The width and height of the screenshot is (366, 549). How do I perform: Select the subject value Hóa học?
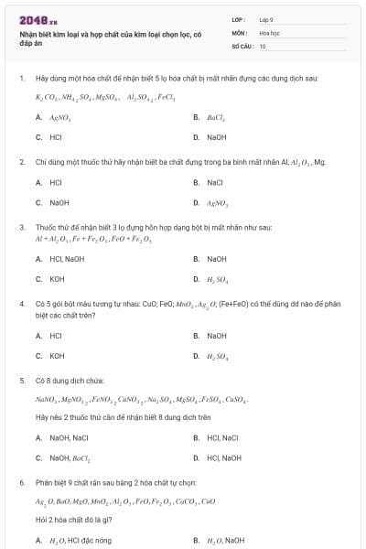tap(269, 32)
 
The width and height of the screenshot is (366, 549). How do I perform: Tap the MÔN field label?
tap(240, 32)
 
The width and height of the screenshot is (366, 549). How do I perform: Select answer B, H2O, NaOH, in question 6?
tap(225, 540)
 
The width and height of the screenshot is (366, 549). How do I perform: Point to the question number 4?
tap(21, 303)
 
